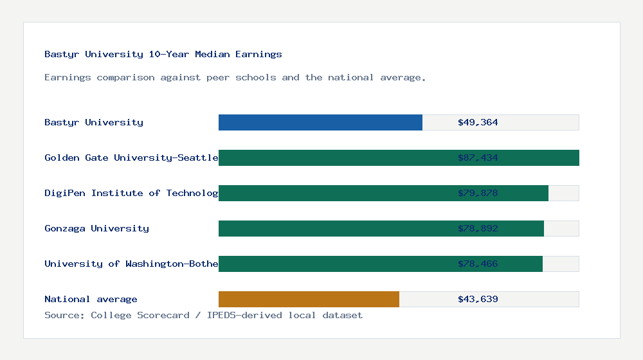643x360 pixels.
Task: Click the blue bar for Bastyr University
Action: [x=320, y=122]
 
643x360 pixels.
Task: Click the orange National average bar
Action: [x=309, y=299]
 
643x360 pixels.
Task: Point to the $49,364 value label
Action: [x=478, y=122]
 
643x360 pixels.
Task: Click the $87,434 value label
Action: [x=478, y=157]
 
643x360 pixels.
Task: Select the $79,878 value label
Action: [x=478, y=193]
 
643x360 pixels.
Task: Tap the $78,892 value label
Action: [x=478, y=228]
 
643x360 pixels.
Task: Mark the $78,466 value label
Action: [x=478, y=264]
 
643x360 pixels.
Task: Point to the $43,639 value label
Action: [x=478, y=299]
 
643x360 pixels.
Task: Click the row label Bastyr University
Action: [x=94, y=122]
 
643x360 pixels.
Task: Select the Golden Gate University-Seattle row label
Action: [x=131, y=157]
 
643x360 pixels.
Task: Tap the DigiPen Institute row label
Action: [x=131, y=193]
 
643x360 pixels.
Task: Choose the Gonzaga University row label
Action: [x=96, y=228]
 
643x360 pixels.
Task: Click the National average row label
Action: [x=91, y=299]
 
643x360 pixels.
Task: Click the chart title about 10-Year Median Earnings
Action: [x=163, y=54]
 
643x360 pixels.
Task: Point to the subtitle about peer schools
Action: [x=235, y=77]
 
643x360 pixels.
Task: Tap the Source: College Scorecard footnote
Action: [x=203, y=315]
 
